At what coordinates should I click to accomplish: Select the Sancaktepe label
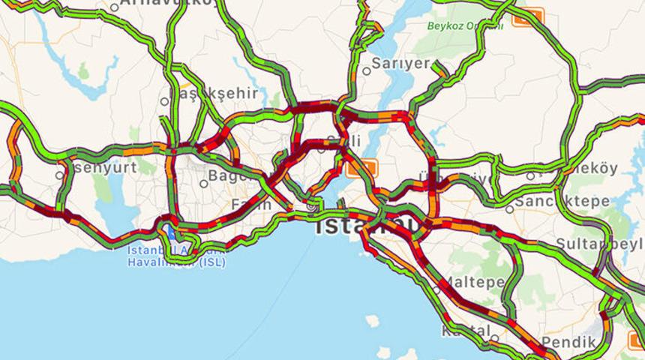550,202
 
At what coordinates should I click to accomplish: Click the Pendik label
568,342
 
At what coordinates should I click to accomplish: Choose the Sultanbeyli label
600,244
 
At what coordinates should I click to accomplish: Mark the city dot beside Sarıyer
367,71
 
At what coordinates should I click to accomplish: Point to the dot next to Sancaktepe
509,209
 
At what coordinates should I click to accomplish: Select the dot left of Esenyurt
60,175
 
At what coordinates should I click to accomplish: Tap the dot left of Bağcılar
203,183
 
